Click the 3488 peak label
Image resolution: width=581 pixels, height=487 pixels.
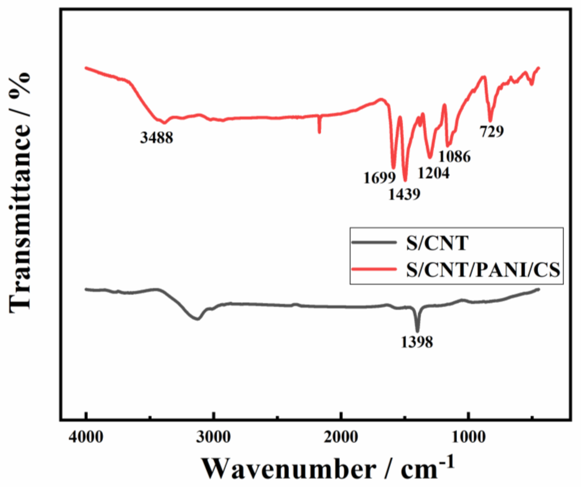(x=157, y=137)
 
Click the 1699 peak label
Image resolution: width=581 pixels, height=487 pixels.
(x=380, y=178)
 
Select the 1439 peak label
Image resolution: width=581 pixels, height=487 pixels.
(x=404, y=195)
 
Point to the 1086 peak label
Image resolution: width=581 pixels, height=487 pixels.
(x=455, y=157)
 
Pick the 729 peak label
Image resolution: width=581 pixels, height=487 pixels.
(x=492, y=131)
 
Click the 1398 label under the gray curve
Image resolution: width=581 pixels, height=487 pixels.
(x=417, y=343)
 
